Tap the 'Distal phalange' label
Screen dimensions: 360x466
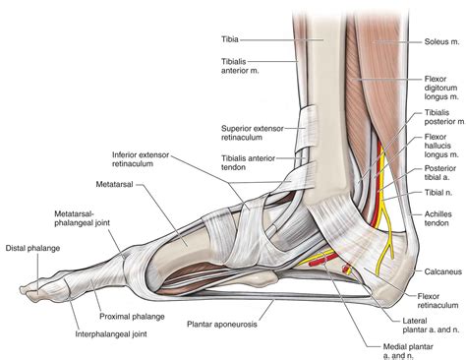point(32,249)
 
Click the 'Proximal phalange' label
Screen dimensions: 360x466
point(130,291)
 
